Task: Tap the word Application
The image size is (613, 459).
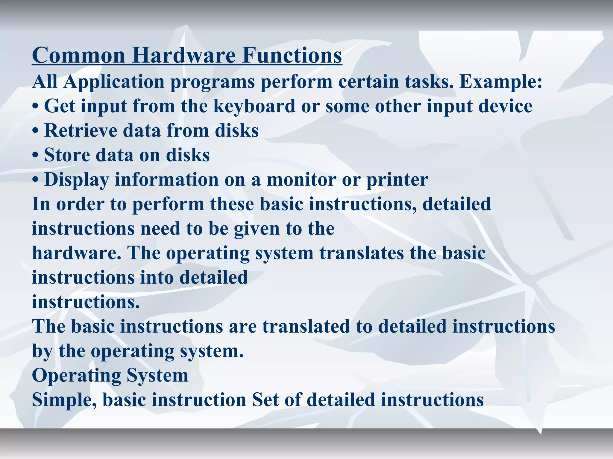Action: (x=114, y=82)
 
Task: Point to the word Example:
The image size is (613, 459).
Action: (x=500, y=82)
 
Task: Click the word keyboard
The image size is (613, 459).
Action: (x=254, y=106)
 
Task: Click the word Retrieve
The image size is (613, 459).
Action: (x=81, y=131)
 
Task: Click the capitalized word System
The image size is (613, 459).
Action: (x=157, y=376)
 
